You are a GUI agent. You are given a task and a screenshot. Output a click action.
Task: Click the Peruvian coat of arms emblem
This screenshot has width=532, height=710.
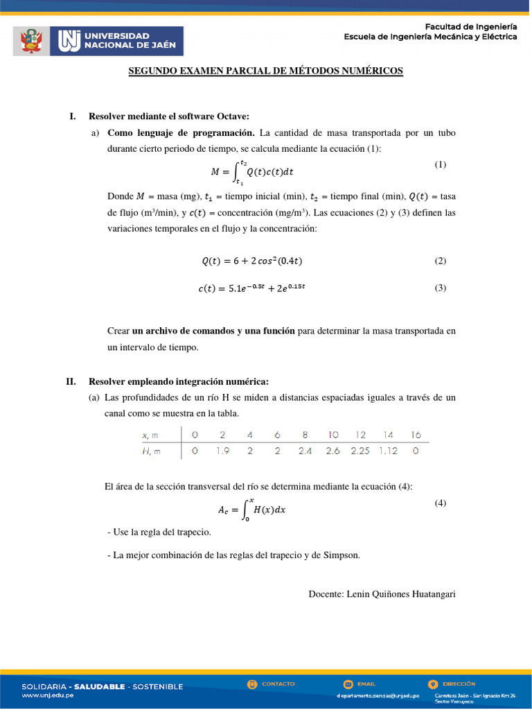tap(30, 41)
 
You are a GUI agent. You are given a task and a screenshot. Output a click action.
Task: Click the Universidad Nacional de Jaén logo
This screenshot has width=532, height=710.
tap(121, 41)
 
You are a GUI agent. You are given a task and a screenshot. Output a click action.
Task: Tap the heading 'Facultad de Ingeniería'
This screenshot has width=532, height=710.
tap(470, 26)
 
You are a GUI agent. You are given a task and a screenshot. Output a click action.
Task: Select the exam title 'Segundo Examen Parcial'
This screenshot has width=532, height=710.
tap(266, 71)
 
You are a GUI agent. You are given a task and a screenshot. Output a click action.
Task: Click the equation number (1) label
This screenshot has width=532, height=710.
tap(441, 164)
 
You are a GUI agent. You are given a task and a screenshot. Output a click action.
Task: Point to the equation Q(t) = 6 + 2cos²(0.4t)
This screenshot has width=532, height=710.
tap(252, 261)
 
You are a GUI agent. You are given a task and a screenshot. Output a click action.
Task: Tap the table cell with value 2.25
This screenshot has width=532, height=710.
tap(361, 451)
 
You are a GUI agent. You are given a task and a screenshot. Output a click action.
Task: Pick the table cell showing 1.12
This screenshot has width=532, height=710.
tap(388, 451)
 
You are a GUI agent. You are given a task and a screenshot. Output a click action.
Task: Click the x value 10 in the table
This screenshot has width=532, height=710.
tap(333, 435)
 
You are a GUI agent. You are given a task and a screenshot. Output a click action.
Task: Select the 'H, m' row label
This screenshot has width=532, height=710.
tap(151, 451)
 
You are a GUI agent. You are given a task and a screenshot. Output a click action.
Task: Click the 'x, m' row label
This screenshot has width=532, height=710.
tap(150, 435)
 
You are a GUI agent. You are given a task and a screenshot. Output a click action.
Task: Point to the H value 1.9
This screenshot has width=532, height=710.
tap(222, 451)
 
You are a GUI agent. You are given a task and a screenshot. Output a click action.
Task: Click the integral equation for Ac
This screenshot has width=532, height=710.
tap(252, 510)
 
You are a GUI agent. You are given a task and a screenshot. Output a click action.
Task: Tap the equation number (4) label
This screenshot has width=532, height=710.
tap(441, 503)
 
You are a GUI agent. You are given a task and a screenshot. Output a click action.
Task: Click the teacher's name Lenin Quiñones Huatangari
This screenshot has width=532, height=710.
tap(382, 594)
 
